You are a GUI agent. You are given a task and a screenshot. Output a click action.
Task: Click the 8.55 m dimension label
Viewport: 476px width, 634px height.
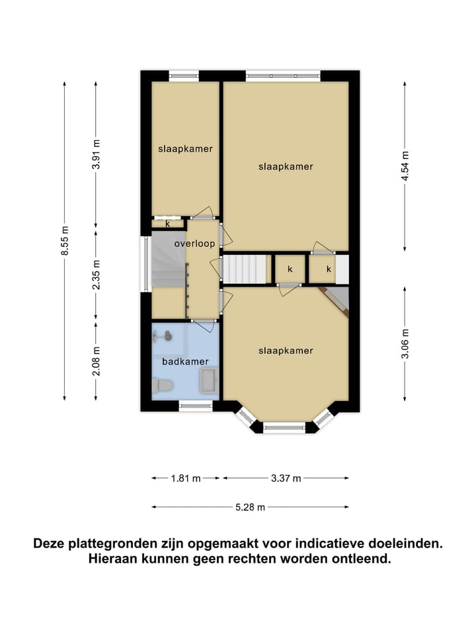[x=65, y=240]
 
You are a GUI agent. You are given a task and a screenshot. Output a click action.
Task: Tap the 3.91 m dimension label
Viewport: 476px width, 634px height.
[x=97, y=155]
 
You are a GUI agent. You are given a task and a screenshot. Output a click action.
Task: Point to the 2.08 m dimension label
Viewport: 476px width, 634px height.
[x=97, y=361]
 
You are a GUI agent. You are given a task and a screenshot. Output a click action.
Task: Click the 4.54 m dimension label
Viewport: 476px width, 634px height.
[x=405, y=166]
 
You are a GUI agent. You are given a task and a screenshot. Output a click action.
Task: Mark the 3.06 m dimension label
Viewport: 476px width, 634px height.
[x=405, y=343]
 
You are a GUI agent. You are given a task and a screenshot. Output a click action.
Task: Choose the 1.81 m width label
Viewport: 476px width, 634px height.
[x=186, y=478]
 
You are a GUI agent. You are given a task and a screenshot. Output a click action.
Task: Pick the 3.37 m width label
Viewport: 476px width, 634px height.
[x=286, y=478]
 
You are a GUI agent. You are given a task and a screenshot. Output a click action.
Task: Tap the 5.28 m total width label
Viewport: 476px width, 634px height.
[x=251, y=507]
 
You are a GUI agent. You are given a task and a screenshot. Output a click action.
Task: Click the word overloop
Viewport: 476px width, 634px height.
[x=194, y=244]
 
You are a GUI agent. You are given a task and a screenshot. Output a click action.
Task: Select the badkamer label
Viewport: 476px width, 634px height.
[x=186, y=361]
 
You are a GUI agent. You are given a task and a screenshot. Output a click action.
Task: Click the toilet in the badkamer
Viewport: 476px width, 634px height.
[x=163, y=385]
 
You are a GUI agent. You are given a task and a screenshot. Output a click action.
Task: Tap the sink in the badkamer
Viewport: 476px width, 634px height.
[x=208, y=381]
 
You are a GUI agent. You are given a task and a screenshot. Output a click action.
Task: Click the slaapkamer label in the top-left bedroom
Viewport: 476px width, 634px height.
[x=185, y=149]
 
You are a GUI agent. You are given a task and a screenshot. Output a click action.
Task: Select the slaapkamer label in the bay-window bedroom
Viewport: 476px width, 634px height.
[x=285, y=351]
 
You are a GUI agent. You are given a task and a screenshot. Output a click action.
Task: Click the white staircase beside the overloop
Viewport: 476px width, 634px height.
[x=243, y=269]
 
